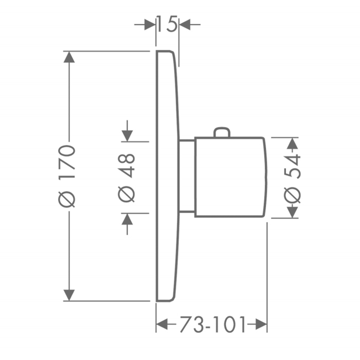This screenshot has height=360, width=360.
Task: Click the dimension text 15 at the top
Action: tap(167, 24)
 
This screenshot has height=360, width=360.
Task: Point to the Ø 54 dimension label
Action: tap(292, 177)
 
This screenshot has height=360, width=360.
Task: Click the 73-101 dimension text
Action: tap(211, 325)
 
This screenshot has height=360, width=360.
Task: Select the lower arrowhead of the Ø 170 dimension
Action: tap(69, 295)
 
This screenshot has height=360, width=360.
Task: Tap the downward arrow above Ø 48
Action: tap(127, 135)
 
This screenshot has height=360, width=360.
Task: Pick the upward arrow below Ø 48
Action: tap(127, 220)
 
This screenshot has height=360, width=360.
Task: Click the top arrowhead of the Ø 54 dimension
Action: tap(293, 143)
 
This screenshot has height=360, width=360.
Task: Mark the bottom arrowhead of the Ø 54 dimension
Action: tap(293, 211)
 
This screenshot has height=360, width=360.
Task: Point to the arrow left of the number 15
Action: tap(150, 24)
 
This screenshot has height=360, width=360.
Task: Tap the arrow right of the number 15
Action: tap(185, 24)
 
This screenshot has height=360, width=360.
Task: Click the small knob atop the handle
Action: tap(222, 133)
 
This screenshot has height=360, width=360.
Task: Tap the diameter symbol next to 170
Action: tap(69, 197)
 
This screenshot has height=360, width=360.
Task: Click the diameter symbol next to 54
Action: tap(292, 195)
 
